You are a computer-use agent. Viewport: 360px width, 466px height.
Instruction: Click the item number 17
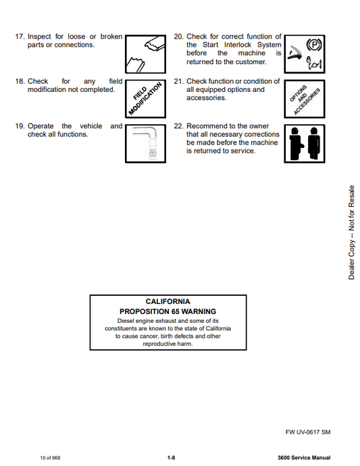click(x=20, y=36)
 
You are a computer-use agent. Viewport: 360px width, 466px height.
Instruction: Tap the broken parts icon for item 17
click(x=145, y=54)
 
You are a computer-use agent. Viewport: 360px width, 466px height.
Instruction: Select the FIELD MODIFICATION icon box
click(x=145, y=99)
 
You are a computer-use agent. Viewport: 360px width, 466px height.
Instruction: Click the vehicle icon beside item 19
click(x=145, y=144)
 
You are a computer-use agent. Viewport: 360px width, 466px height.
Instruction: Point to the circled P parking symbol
click(x=314, y=45)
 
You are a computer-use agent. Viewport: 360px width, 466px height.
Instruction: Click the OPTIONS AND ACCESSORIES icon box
click(x=305, y=99)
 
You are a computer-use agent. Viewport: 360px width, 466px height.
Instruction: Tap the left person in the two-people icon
click(x=296, y=144)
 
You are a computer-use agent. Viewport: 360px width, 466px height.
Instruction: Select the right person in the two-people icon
click(x=313, y=144)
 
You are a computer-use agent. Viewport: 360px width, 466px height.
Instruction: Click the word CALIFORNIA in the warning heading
click(x=168, y=301)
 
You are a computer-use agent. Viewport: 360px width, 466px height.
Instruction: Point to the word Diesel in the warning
click(x=126, y=321)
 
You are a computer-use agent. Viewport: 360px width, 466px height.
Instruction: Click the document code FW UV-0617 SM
click(x=308, y=432)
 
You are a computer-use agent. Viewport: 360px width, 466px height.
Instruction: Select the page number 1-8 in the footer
click(x=172, y=458)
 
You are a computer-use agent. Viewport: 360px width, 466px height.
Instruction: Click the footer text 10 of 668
click(x=50, y=458)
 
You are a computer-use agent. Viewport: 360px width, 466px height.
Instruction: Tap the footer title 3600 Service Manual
click(x=304, y=458)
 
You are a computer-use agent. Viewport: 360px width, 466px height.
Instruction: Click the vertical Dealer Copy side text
click(x=351, y=232)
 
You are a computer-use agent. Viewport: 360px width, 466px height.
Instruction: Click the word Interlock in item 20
click(x=238, y=45)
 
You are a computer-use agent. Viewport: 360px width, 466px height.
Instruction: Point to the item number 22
click(x=178, y=126)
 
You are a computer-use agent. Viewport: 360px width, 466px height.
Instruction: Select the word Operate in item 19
click(x=41, y=126)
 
